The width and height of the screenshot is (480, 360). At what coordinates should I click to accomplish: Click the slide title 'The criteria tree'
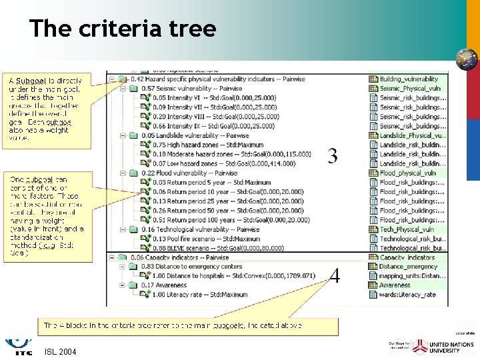[123, 29]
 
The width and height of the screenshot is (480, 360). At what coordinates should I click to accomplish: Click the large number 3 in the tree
[333, 156]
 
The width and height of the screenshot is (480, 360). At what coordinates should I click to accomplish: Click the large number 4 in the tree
[335, 275]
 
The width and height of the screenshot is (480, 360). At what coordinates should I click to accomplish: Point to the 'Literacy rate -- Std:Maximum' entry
[200, 295]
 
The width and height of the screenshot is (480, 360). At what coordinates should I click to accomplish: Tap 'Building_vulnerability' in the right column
[409, 79]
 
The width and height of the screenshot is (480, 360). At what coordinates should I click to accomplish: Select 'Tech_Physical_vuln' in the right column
[405, 229]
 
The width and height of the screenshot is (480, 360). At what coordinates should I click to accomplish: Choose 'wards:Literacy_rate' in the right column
[407, 295]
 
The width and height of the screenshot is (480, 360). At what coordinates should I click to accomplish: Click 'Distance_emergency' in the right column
[408, 267]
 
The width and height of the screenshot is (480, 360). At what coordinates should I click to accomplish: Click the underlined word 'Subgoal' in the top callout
[31, 81]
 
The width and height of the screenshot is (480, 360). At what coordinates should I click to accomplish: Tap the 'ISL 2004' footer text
[61, 351]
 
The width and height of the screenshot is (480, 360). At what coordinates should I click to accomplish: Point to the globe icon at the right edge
[466, 59]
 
